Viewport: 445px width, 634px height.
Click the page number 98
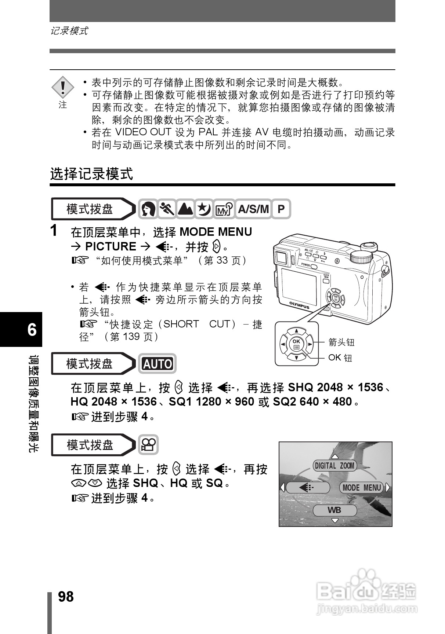coord(66,597)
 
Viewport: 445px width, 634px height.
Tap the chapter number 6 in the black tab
coord(32,330)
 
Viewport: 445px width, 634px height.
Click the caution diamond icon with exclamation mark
coord(63,88)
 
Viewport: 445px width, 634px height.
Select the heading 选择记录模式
coord(91,173)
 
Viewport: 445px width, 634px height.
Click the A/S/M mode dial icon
coord(253,209)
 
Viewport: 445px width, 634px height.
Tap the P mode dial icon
coord(281,209)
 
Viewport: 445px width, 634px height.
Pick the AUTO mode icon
coord(157,364)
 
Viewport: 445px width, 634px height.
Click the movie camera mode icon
coord(148,445)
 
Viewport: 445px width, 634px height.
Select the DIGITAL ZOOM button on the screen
coord(334,466)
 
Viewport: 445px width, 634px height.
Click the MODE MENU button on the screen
coord(361,487)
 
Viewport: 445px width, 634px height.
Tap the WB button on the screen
coord(334,510)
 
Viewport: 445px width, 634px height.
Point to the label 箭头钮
coord(341,342)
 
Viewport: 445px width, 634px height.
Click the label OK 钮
coord(340,358)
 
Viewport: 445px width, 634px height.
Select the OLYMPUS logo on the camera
coord(299,305)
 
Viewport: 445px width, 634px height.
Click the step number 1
coord(54,231)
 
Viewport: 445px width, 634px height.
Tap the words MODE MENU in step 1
coord(216,232)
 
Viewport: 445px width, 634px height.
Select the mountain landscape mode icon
coord(185,209)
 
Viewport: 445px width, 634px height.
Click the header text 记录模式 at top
coord(69,31)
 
